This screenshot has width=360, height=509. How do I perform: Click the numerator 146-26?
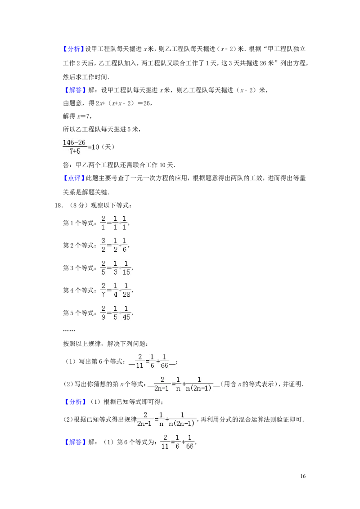coord(74,143)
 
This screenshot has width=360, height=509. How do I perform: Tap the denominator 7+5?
coord(74,152)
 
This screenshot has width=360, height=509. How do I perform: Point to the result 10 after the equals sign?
coord(95,147)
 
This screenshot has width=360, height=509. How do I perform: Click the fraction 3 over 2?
coord(103,245)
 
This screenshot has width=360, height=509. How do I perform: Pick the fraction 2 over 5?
coord(103,268)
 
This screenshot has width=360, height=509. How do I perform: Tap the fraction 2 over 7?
coord(103,290)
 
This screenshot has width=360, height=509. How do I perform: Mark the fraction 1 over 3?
coord(115,268)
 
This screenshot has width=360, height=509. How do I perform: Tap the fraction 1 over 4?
coord(115,290)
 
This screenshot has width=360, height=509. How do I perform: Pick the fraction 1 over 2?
coord(115,245)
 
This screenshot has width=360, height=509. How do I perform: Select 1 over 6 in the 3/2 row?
coord(125,245)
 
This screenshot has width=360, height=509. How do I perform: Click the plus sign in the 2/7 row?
coord(120,290)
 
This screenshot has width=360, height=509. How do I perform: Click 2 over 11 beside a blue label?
coord(165,442)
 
